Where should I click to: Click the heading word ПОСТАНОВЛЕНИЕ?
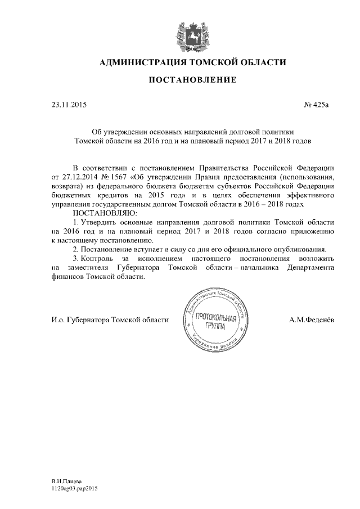point(192,81)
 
